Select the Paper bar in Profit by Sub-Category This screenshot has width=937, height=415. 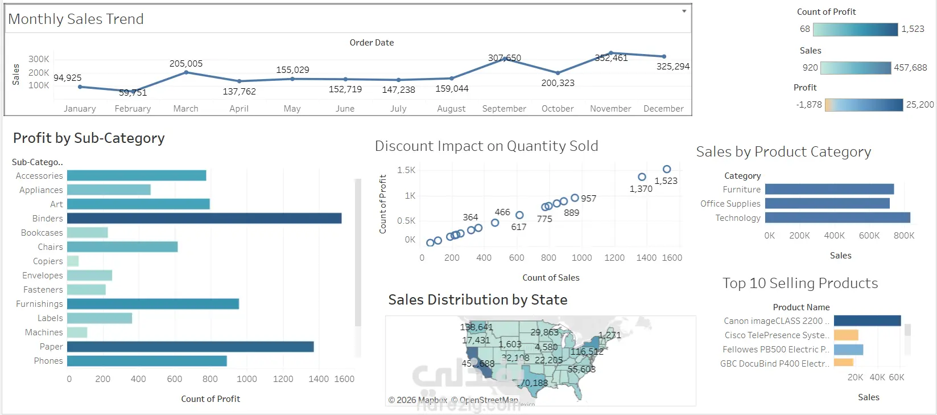point(190,347)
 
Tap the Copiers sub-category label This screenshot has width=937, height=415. point(48,261)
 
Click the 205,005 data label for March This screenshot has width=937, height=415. point(186,64)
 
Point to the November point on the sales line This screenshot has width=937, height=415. point(610,53)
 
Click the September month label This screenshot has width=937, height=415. point(504,109)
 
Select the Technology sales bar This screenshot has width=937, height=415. point(837,217)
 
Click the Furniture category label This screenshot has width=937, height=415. point(741,190)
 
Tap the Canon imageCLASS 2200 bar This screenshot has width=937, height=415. point(867,321)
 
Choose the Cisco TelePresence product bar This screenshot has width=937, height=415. point(845,335)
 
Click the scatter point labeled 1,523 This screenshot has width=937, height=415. point(667,169)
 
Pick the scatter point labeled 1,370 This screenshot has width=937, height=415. point(642,177)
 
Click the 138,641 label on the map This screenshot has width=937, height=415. point(476,327)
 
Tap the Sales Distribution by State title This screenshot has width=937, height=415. point(477,300)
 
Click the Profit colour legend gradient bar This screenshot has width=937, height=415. point(864,105)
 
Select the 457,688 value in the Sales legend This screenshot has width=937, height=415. point(910,68)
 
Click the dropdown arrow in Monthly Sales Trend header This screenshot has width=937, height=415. point(684,11)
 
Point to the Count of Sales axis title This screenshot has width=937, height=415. point(551,278)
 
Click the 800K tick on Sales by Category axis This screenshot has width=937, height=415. point(903,236)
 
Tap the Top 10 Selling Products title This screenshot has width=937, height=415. point(800,283)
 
